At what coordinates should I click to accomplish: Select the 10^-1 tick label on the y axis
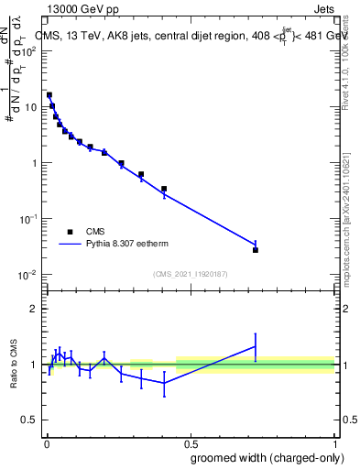(29, 219)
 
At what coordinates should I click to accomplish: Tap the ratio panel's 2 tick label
(34, 309)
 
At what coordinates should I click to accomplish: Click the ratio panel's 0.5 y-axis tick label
(30, 420)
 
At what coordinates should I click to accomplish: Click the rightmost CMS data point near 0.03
(256, 250)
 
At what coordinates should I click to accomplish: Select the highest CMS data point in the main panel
(49, 94)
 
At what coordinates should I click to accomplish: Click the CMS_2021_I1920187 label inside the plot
(191, 274)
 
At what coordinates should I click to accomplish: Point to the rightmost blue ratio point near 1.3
(256, 346)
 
